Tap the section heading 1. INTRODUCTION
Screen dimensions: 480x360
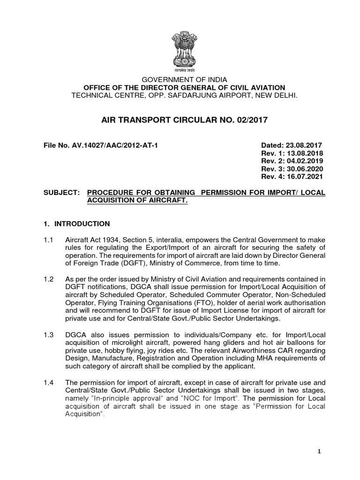pyautogui.click(x=76, y=224)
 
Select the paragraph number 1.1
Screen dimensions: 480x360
pyautogui.click(x=48, y=240)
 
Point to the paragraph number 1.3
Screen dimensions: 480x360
pyautogui.click(x=48, y=336)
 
